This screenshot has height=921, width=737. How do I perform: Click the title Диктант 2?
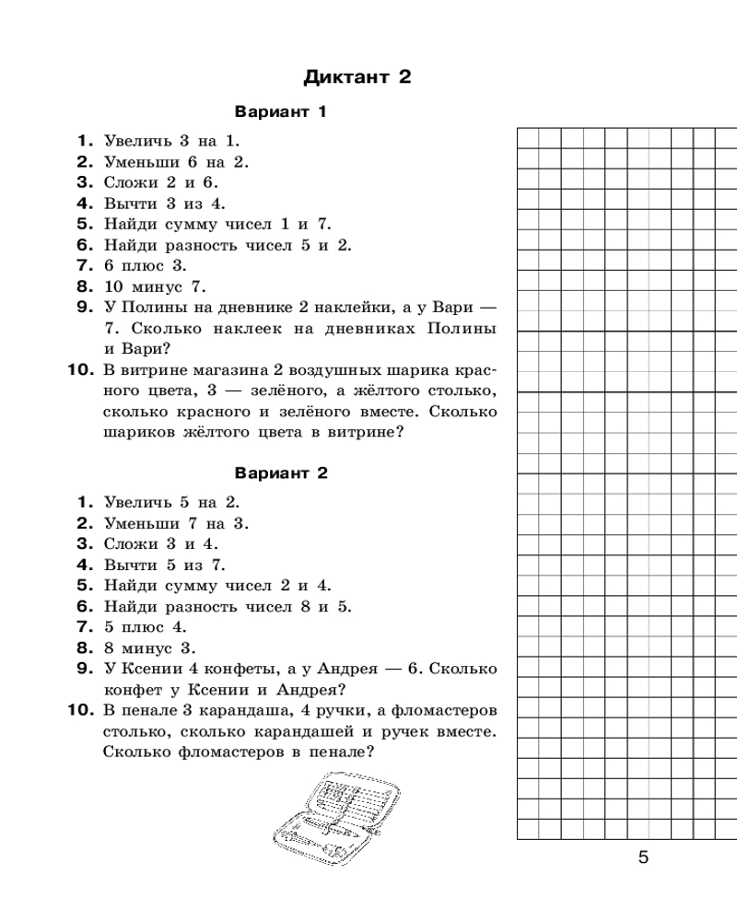(357, 77)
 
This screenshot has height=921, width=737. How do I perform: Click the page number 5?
(643, 857)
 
